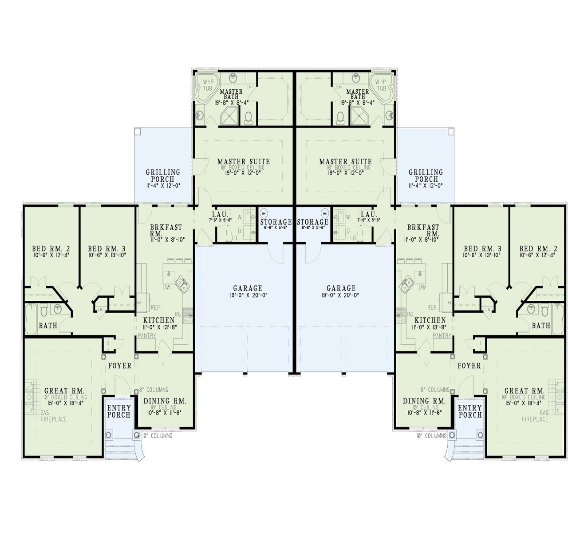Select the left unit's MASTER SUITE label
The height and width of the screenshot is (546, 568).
click(x=244, y=162)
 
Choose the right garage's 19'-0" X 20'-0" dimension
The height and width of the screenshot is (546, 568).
click(x=341, y=295)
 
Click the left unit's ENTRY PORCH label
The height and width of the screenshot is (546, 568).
click(x=119, y=411)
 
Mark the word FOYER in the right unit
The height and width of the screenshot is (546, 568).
click(x=469, y=366)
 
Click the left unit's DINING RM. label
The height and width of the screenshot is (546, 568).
click(x=165, y=401)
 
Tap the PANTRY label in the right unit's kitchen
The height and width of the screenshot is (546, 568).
click(x=442, y=336)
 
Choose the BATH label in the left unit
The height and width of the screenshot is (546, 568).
click(x=48, y=326)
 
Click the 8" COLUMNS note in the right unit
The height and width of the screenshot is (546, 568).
click(x=434, y=390)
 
